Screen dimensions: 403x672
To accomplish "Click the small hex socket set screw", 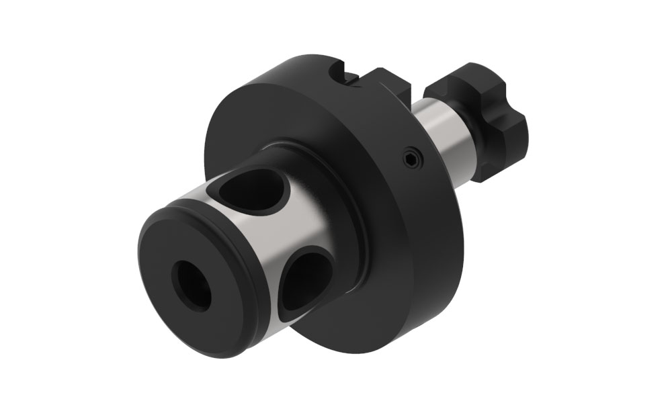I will click(411, 159).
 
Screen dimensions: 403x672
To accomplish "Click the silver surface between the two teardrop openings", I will click(296, 228).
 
